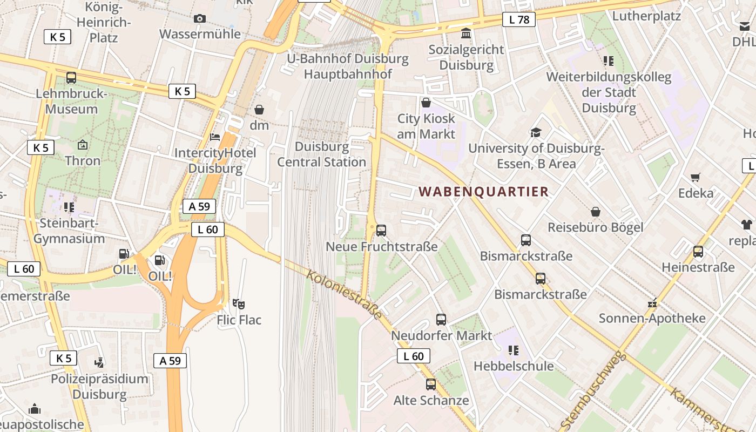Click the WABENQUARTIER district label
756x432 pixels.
(x=483, y=192)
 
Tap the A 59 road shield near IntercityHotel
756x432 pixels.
(x=199, y=206)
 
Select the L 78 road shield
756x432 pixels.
(x=518, y=20)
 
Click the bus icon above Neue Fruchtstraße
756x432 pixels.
(x=381, y=231)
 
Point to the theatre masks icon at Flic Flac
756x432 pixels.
(x=239, y=304)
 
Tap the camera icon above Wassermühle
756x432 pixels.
(x=200, y=18)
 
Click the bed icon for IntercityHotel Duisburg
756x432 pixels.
(x=215, y=137)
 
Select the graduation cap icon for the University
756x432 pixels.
(x=536, y=132)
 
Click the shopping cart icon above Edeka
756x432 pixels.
(x=696, y=177)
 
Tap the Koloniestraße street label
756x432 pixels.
(x=345, y=295)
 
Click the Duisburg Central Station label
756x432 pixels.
(x=322, y=154)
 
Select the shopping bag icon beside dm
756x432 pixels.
(x=259, y=110)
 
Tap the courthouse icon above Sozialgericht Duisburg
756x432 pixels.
(x=465, y=34)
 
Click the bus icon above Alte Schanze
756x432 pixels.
(x=430, y=384)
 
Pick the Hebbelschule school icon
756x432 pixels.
(x=514, y=350)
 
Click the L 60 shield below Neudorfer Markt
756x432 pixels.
(x=414, y=356)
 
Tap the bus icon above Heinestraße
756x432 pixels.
(x=698, y=251)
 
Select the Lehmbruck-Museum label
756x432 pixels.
(x=71, y=101)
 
